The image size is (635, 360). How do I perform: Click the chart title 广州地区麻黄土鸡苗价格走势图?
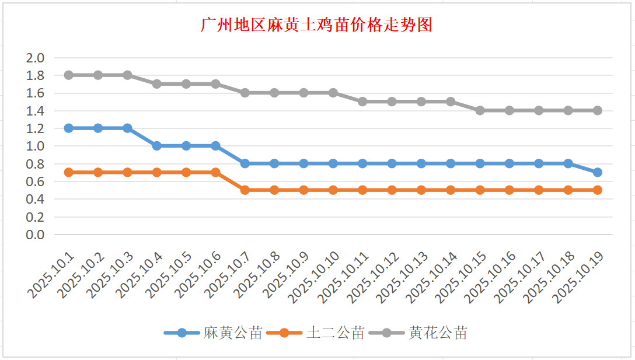(316, 25)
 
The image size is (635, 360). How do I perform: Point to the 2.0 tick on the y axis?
(36, 58)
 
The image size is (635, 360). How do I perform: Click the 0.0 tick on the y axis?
(36, 235)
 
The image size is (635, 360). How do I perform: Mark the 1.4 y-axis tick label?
(36, 111)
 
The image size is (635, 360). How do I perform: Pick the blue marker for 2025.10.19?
(598, 172)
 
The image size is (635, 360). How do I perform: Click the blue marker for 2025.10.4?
(157, 146)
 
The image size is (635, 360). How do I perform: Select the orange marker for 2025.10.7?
(245, 190)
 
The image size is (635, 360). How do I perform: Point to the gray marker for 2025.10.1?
(69, 75)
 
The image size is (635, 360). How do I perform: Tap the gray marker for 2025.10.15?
(480, 110)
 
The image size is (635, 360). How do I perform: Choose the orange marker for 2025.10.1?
(69, 172)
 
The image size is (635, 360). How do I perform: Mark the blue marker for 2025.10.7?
(245, 163)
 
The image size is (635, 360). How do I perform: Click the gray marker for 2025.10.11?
(362, 102)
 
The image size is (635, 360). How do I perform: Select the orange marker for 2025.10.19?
(598, 190)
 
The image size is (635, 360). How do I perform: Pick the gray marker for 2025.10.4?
(157, 84)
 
